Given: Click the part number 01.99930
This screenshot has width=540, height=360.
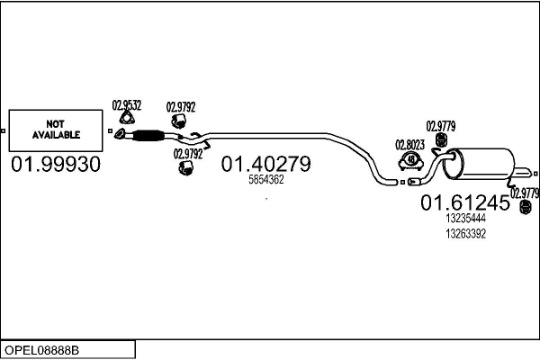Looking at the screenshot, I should (x=56, y=166).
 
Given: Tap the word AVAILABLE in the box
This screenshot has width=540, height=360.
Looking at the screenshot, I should (x=56, y=135).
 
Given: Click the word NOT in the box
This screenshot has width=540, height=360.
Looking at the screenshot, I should (x=56, y=124).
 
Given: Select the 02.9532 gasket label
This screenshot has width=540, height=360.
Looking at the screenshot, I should (x=126, y=104).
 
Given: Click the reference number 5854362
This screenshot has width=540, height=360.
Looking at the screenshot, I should (x=265, y=180).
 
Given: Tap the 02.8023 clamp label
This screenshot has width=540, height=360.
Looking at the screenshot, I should (x=409, y=144).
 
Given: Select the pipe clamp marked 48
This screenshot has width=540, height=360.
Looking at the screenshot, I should (x=411, y=162).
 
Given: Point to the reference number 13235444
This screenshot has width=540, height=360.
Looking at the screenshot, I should (x=465, y=219).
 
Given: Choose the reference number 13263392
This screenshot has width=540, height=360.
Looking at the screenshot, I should (x=465, y=234).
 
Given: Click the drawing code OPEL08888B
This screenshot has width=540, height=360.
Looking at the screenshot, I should (x=42, y=349).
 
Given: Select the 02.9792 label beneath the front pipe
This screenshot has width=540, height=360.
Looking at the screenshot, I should (x=187, y=154).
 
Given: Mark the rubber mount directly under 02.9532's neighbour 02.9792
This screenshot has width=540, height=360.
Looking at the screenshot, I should (x=180, y=122).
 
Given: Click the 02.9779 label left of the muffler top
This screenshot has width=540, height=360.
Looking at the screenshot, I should (x=440, y=125).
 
